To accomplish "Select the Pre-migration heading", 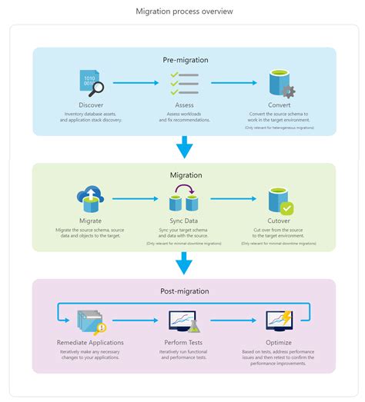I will tap(185, 59).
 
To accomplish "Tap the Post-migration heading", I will tap(184, 291).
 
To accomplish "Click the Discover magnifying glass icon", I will tap(92, 83).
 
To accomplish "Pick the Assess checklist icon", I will tap(184, 83).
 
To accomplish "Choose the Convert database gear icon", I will tap(280, 83).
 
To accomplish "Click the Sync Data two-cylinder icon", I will tap(185, 200).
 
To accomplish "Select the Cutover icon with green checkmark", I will tap(279, 200).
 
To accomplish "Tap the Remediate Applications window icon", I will tap(91, 321).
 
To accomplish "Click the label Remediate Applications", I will tap(91, 342).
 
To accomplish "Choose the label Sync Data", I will tap(184, 220).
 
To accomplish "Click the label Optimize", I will tap(277, 342).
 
